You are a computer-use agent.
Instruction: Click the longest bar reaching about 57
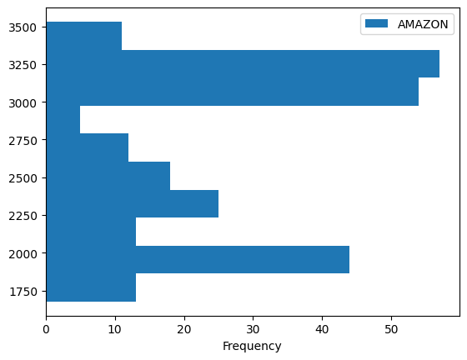tap(242, 63)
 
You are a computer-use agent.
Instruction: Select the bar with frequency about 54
tap(232, 92)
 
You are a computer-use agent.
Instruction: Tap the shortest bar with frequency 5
tap(63, 120)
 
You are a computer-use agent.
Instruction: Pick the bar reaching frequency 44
tap(198, 259)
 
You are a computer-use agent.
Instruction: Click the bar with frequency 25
tap(132, 203)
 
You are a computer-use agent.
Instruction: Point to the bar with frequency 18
tap(108, 176)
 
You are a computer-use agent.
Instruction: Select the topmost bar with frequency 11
tap(83, 36)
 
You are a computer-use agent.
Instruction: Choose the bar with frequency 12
tap(87, 147)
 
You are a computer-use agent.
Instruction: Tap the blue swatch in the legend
tap(373, 25)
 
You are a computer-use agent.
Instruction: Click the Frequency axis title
tap(252, 346)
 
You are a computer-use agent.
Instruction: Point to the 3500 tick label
tap(23, 27)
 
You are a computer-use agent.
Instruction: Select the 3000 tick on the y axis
tap(23, 102)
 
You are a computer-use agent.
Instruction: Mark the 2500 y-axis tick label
tap(23, 178)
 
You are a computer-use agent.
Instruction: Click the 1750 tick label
tap(23, 291)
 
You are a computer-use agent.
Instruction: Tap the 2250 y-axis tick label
tap(23, 216)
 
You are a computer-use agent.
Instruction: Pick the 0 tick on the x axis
tap(46, 329)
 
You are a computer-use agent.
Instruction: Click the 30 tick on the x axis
tap(253, 329)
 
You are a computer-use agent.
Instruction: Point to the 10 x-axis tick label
tap(115, 329)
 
